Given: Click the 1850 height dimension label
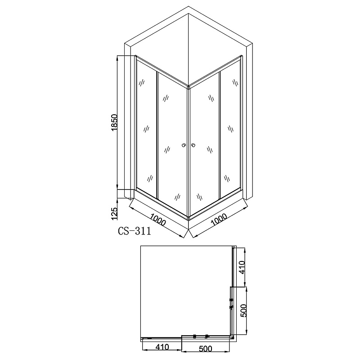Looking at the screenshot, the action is point(114,122).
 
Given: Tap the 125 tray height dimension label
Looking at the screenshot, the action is point(114,213).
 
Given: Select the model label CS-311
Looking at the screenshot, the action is point(135,231).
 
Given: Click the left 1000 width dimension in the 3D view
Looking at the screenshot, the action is point(158,219).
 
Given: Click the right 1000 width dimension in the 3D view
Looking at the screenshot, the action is point(219,220).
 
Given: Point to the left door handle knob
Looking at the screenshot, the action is point(184,145).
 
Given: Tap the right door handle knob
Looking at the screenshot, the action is point(193,145).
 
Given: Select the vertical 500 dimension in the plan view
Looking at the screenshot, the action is point(243,310).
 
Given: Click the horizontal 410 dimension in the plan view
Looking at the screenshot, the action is point(162,347).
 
